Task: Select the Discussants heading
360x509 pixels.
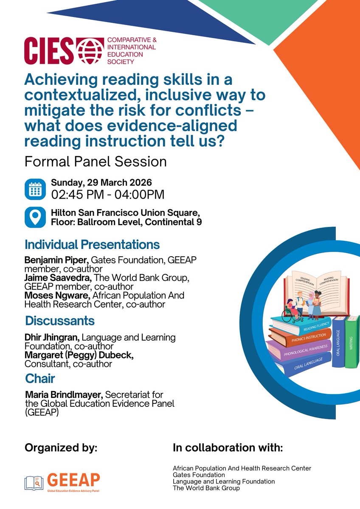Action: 59,320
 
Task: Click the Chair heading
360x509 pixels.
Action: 40,378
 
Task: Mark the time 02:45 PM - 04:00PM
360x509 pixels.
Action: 107,195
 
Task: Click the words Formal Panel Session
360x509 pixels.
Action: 96,162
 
